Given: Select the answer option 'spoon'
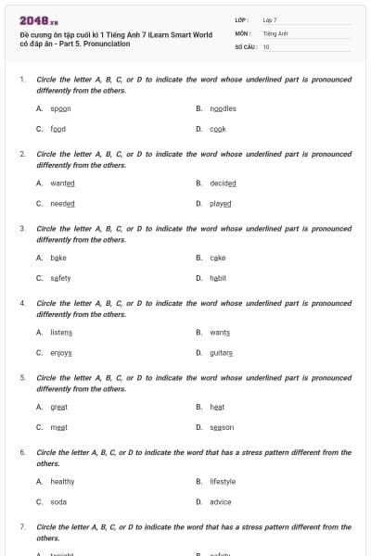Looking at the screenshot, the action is (60, 108).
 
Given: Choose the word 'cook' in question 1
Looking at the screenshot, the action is (218, 129).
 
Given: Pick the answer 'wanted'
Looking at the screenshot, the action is (62, 183).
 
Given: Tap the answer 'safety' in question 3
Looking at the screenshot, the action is (60, 278).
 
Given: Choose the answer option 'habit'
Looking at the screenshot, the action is (218, 278).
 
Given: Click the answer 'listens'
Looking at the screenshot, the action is (61, 333).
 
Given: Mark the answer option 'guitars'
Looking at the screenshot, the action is (222, 353).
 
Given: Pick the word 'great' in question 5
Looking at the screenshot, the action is (59, 407).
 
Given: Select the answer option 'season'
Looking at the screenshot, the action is (222, 427).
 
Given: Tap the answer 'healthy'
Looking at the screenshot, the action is (62, 482).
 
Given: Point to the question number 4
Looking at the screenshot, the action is (22, 303).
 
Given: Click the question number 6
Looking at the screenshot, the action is (22, 452).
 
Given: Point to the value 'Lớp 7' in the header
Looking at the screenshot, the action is (270, 19).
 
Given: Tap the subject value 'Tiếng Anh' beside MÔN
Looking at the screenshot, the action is (275, 32).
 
